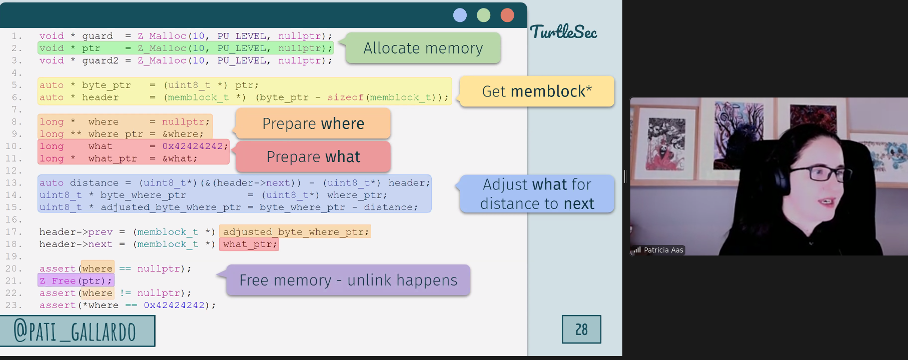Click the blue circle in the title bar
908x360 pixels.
(460, 15)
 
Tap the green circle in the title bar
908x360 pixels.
(483, 15)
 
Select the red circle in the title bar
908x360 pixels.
(507, 15)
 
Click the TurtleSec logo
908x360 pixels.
(563, 32)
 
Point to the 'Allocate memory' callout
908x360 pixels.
(423, 48)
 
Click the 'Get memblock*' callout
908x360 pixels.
(537, 91)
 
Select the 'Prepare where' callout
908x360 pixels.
(313, 123)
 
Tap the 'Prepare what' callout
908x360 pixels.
(313, 156)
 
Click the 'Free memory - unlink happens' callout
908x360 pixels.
(348, 280)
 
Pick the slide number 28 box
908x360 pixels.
(581, 329)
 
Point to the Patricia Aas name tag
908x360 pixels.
(658, 250)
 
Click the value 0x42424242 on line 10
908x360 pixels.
(193, 146)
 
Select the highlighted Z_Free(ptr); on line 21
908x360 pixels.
(76, 280)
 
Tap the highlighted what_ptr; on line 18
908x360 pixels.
(249, 244)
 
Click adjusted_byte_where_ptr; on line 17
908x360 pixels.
(295, 231)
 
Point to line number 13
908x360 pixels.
(14, 183)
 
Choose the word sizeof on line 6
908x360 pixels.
(346, 97)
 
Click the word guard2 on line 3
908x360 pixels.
(101, 60)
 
